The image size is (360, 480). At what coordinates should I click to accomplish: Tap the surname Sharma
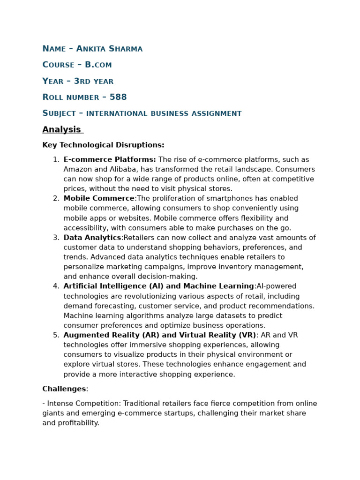[x=126, y=49]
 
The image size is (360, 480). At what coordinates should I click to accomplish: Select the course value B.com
[x=98, y=65]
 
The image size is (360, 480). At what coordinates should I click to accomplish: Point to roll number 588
[x=118, y=97]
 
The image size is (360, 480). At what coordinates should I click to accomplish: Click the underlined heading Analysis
[x=61, y=129]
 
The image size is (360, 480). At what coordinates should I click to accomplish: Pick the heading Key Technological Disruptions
[x=103, y=145]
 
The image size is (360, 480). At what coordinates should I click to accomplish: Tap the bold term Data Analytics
[x=92, y=238]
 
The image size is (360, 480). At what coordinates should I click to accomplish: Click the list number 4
[x=56, y=286]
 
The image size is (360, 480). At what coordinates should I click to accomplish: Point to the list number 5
[x=56, y=335]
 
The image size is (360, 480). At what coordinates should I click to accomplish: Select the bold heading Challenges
[x=64, y=389]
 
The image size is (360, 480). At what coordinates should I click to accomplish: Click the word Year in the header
[x=53, y=81]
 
